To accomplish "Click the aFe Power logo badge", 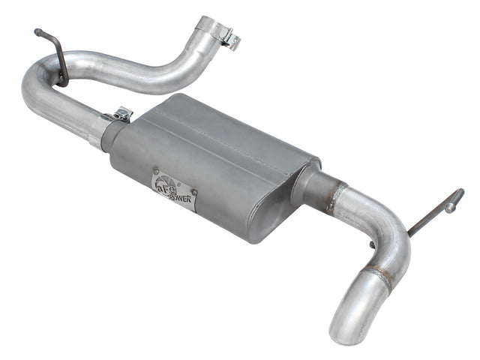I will tap(174, 190).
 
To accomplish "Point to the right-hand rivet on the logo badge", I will tap(193, 191).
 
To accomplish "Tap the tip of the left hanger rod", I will tap(36, 31).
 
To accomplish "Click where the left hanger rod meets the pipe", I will tap(62, 79).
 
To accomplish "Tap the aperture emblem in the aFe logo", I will tap(163, 182).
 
